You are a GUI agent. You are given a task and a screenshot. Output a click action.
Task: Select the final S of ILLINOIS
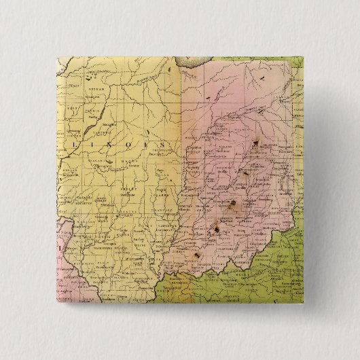coord(164,145)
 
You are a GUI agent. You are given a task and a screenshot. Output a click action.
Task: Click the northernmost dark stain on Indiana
coord(257,143)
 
